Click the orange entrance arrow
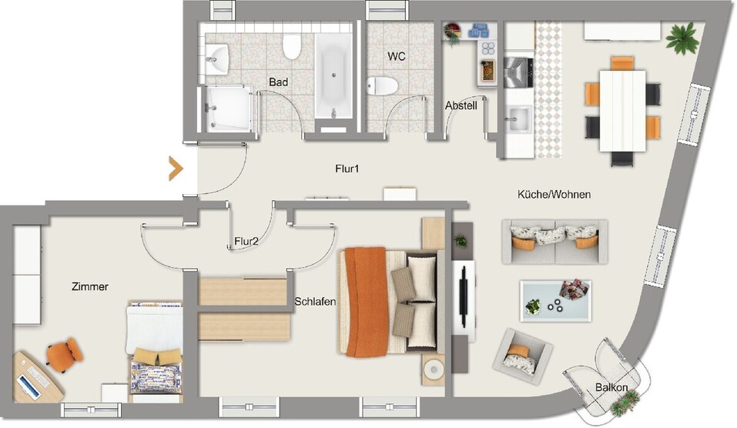point(176,169)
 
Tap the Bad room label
point(278,81)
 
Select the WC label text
point(397,57)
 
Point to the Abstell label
point(461,105)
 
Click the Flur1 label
point(347,169)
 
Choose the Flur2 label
point(246,242)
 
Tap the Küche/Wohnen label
point(554,195)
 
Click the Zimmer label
point(90,286)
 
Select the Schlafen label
point(314,302)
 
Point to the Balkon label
point(611,387)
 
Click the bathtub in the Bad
point(333,74)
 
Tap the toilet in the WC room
point(383,85)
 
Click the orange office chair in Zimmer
point(63,353)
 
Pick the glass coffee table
point(555,300)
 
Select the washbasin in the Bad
point(218,57)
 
